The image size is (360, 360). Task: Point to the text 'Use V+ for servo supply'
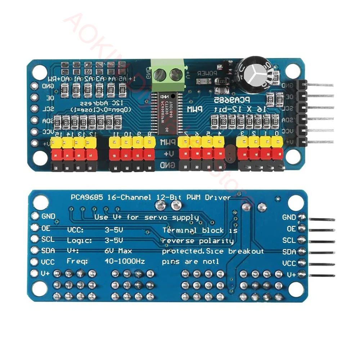(146, 217)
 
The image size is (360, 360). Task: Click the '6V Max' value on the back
(118, 251)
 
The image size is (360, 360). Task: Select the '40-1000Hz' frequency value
(125, 261)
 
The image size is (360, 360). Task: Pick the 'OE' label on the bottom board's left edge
(46, 228)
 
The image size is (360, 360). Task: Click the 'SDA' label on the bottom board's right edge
(289, 251)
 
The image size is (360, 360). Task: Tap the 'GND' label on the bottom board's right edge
(289, 217)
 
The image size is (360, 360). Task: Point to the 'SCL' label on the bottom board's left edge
(48, 239)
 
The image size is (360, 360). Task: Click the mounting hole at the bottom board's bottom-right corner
(294, 289)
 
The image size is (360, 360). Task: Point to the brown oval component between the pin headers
(230, 154)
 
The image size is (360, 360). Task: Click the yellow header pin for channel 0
(276, 143)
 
